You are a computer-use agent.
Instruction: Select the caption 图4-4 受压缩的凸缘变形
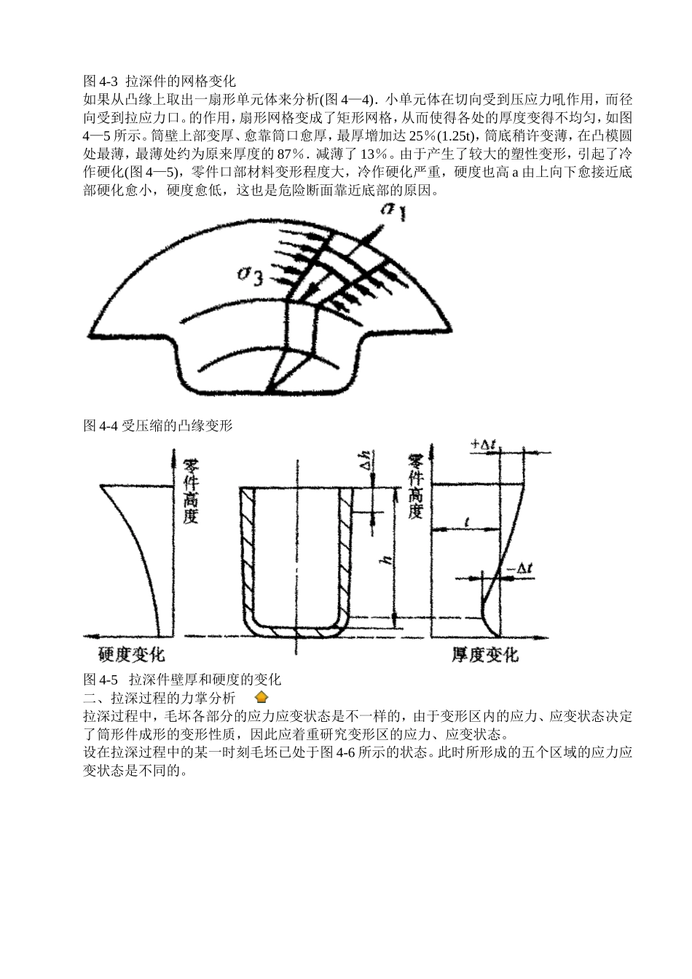[158, 425]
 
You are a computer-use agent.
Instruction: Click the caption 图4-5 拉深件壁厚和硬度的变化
[182, 680]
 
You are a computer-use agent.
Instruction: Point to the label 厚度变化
[485, 655]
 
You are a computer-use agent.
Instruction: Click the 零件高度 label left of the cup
[191, 491]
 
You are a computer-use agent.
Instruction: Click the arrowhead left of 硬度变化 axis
[90, 634]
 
